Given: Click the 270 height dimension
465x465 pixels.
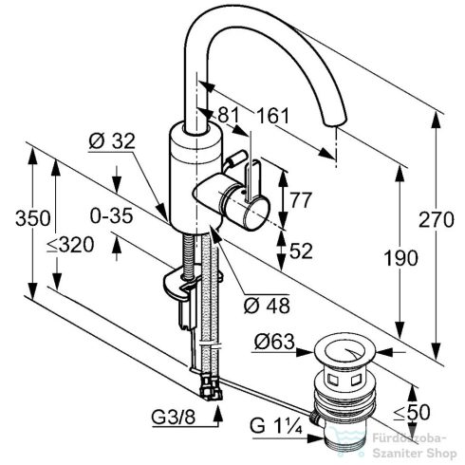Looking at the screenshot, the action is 437,219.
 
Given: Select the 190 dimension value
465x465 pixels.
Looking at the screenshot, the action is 400,257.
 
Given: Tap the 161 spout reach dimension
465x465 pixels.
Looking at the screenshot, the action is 273,116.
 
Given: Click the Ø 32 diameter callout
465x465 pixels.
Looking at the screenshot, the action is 112,141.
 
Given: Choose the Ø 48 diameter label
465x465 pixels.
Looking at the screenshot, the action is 267,306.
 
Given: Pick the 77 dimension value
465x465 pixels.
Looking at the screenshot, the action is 301,199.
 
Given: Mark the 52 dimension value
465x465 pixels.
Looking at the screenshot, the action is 301,251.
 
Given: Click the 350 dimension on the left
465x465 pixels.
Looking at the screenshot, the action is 33,217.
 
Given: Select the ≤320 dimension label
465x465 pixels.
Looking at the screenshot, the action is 70,245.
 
